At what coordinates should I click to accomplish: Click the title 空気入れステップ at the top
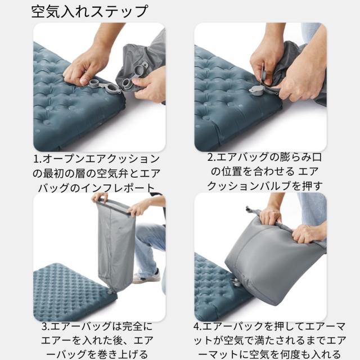click(x=90, y=11)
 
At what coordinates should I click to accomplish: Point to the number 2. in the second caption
click(x=212, y=157)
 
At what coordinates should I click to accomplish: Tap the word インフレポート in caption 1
click(x=125, y=188)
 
